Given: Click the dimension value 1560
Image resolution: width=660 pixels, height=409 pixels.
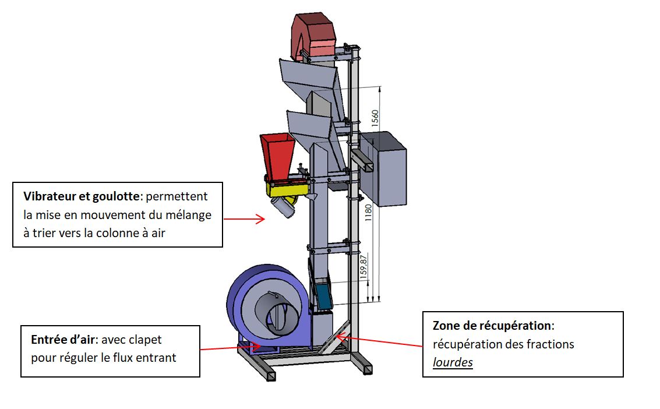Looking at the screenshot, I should [375, 119].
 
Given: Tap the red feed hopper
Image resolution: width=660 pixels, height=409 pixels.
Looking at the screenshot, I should [278, 157].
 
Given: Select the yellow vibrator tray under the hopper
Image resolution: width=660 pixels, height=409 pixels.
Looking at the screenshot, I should [287, 189].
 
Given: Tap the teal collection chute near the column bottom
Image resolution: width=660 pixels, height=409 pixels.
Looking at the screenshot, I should [323, 295].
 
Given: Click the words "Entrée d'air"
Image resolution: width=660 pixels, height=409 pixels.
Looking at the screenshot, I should [61, 339].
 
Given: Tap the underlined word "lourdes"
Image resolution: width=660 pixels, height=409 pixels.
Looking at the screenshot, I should [453, 362].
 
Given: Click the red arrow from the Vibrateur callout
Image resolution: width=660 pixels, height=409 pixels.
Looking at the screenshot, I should [244, 219].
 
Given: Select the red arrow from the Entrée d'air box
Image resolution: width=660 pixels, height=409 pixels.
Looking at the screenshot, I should [230, 348].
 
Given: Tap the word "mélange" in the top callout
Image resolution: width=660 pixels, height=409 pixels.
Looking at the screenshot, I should [187, 214].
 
